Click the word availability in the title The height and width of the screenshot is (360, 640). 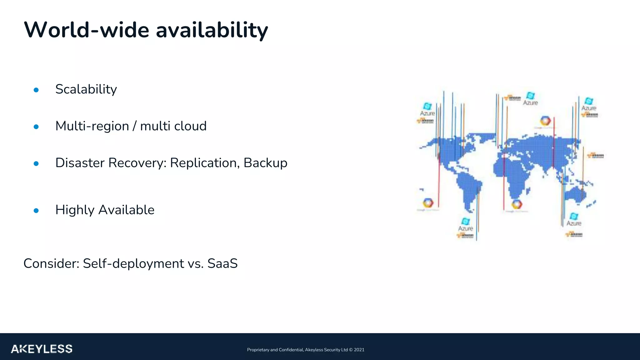click(212, 30)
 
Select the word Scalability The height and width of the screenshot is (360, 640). click(86, 89)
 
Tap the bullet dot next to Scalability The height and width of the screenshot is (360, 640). click(36, 90)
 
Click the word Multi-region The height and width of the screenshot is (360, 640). click(92, 126)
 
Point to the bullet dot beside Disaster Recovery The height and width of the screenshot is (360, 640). click(36, 163)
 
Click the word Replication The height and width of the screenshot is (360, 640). click(205, 163)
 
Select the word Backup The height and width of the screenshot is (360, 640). click(265, 163)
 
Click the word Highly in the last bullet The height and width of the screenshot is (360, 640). click(75, 210)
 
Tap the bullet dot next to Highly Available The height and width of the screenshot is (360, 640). click(36, 211)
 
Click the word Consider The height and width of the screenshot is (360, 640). click(51, 263)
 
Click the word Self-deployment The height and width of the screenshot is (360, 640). click(133, 264)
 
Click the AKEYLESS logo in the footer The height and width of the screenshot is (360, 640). click(42, 349)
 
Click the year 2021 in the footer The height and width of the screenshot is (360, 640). click(359, 350)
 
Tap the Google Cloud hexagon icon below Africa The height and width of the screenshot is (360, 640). click(517, 205)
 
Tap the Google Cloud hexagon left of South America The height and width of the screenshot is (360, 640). click(428, 203)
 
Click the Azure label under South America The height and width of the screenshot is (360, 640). click(465, 228)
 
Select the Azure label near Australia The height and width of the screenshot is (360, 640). click(574, 223)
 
